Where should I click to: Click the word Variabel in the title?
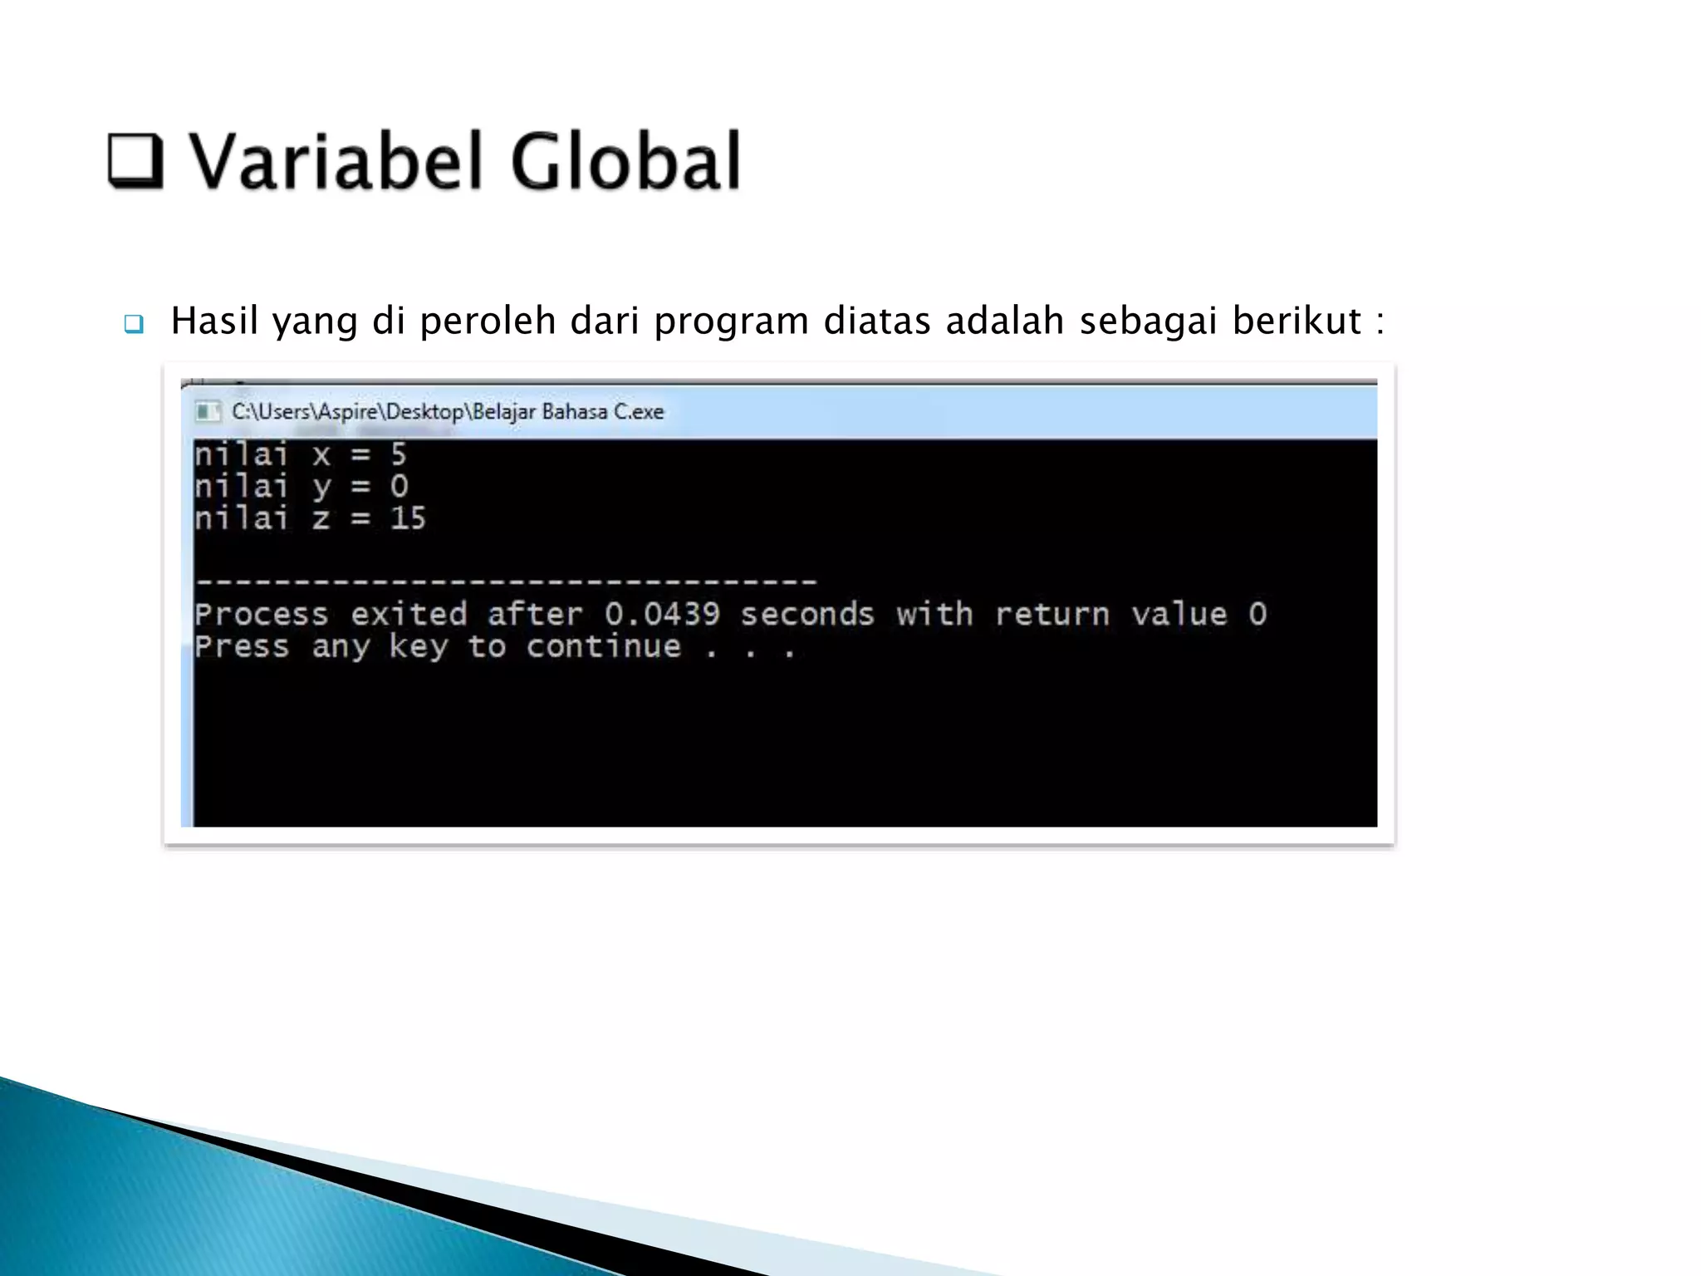click(x=336, y=161)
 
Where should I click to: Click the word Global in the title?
click(x=625, y=161)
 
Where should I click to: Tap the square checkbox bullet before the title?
click(x=135, y=159)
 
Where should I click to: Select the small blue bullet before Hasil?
click(x=134, y=323)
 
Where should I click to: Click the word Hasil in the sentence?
click(x=214, y=321)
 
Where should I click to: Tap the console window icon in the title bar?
click(x=207, y=411)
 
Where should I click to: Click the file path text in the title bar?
click(x=448, y=411)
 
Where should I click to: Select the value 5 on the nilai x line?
click(x=399, y=454)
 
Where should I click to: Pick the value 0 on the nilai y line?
click(x=399, y=487)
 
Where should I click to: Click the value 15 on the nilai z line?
click(x=408, y=518)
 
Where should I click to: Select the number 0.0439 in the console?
click(x=661, y=615)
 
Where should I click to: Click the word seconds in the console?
click(x=807, y=615)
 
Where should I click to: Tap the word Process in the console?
click(x=262, y=615)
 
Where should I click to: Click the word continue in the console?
click(x=603, y=647)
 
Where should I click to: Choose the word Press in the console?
click(x=242, y=647)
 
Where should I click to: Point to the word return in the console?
click(x=1051, y=615)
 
